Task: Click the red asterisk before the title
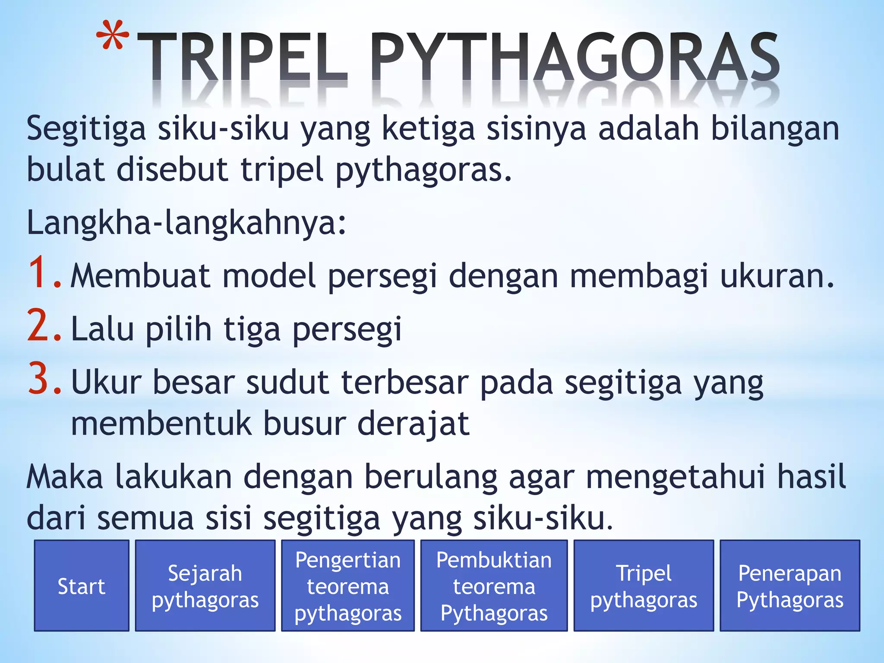coord(112,39)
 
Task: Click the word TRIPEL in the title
coord(242,58)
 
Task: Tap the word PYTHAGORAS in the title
coord(574,58)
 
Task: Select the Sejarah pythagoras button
coord(205,586)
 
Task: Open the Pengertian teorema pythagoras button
coord(348,586)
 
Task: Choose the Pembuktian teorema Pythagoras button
coord(494,586)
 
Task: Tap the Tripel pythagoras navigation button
coord(644,586)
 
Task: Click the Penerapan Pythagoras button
coord(790,586)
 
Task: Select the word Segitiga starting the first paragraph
coord(86,129)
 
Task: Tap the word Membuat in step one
coord(140,276)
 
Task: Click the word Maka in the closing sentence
coord(65,477)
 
